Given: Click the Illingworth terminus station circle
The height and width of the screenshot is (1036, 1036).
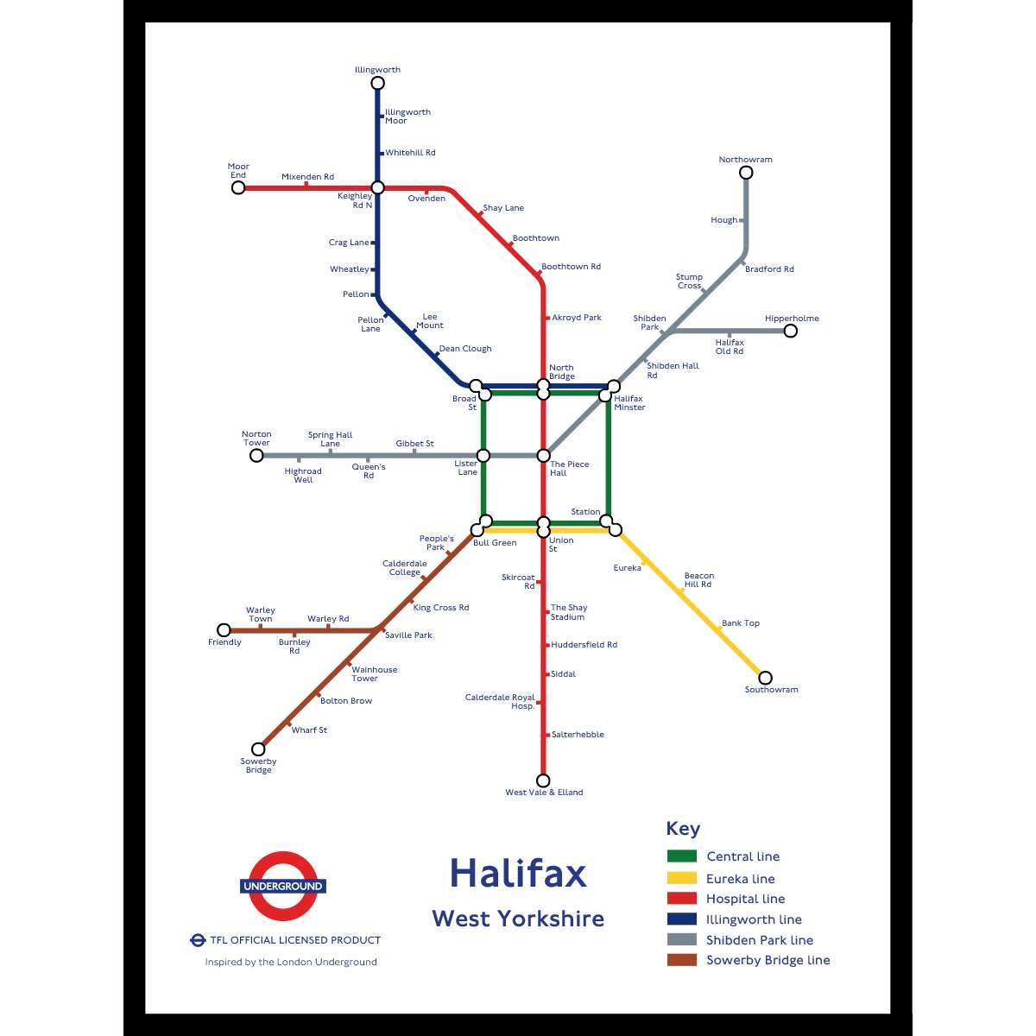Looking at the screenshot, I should tap(377, 84).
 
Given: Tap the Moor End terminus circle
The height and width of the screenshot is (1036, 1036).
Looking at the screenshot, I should tap(238, 187).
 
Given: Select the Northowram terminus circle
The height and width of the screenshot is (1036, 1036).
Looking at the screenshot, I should tap(746, 173).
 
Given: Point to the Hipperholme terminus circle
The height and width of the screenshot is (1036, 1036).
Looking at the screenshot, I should tap(790, 331).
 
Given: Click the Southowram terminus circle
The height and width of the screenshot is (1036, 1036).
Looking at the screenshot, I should tap(765, 678).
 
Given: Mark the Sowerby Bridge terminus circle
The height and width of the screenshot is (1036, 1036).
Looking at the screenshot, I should tap(258, 749).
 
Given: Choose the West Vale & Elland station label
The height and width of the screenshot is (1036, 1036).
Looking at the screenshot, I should tap(544, 793).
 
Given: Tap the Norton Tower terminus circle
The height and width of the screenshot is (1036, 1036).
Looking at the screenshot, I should tap(256, 455).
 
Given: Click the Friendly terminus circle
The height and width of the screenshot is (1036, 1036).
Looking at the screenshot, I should tap(224, 630).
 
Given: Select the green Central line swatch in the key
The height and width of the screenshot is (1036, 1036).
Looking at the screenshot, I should tap(681, 856).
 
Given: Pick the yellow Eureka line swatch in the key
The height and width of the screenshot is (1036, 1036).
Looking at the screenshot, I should tap(681, 878).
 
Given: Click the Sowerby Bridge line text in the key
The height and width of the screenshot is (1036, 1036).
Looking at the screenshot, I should tap(768, 960).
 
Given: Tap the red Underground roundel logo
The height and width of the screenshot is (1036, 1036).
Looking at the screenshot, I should tap(283, 886).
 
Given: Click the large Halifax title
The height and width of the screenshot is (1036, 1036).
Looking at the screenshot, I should tap(518, 873).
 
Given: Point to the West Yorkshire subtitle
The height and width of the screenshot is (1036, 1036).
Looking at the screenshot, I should tap(518, 919).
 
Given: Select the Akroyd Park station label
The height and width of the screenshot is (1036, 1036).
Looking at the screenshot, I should tap(576, 318).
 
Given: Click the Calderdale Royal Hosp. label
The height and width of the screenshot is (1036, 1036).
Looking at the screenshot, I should tap(501, 702).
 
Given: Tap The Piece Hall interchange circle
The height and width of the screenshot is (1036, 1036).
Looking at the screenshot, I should tap(544, 455).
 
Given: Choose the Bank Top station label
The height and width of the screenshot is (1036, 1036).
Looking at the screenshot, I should tap(741, 623).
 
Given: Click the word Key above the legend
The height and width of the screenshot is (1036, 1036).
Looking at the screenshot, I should tap(683, 829).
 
